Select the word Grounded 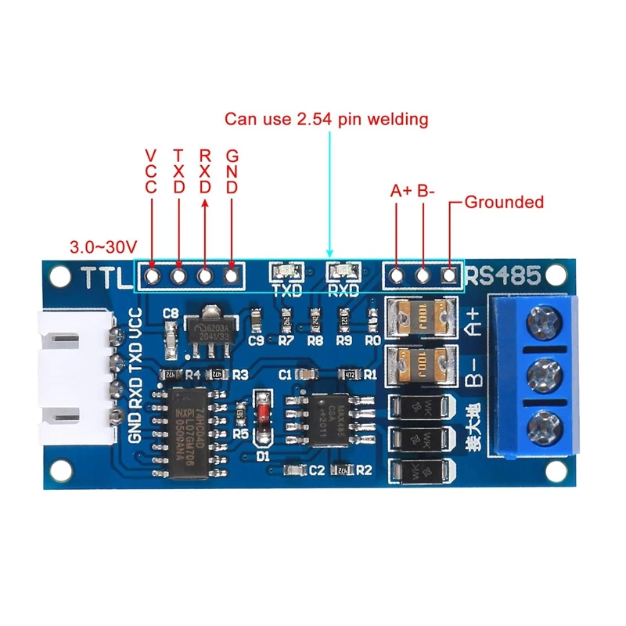tap(504, 202)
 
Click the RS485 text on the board tap(503, 276)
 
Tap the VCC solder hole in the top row tap(151, 275)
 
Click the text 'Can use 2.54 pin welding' tap(326, 119)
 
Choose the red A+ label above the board tap(400, 190)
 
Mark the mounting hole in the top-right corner tap(556, 274)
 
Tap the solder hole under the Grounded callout tap(450, 275)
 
